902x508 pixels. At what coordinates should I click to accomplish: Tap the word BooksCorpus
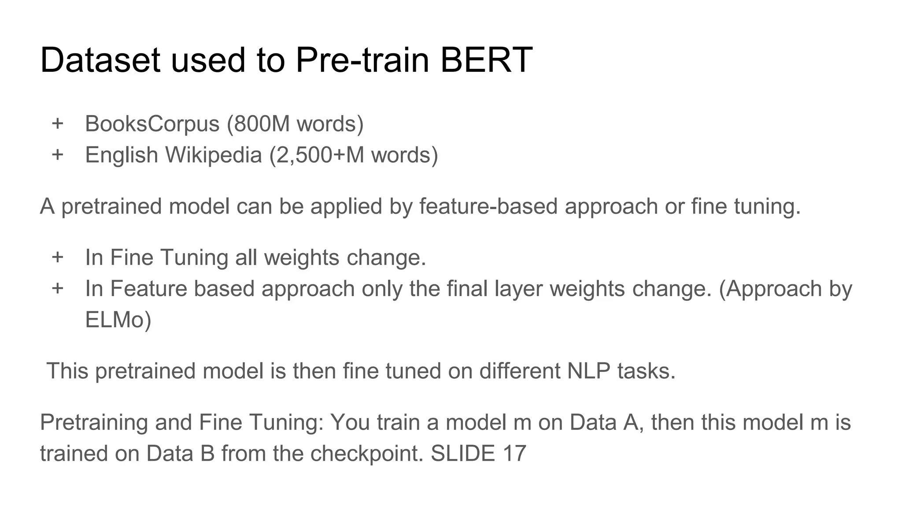152,123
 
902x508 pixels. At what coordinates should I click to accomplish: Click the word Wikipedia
214,155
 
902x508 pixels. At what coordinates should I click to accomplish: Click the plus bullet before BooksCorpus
58,123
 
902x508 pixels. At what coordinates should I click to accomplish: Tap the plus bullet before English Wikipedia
58,155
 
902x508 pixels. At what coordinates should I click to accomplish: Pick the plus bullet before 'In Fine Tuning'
58,257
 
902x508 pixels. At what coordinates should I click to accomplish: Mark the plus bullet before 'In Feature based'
58,289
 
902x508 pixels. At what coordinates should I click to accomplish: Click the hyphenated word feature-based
488,206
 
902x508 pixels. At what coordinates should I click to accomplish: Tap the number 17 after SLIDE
514,454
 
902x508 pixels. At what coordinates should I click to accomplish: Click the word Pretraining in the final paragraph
94,422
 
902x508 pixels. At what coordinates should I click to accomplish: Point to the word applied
346,206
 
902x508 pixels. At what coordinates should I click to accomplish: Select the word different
519,371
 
